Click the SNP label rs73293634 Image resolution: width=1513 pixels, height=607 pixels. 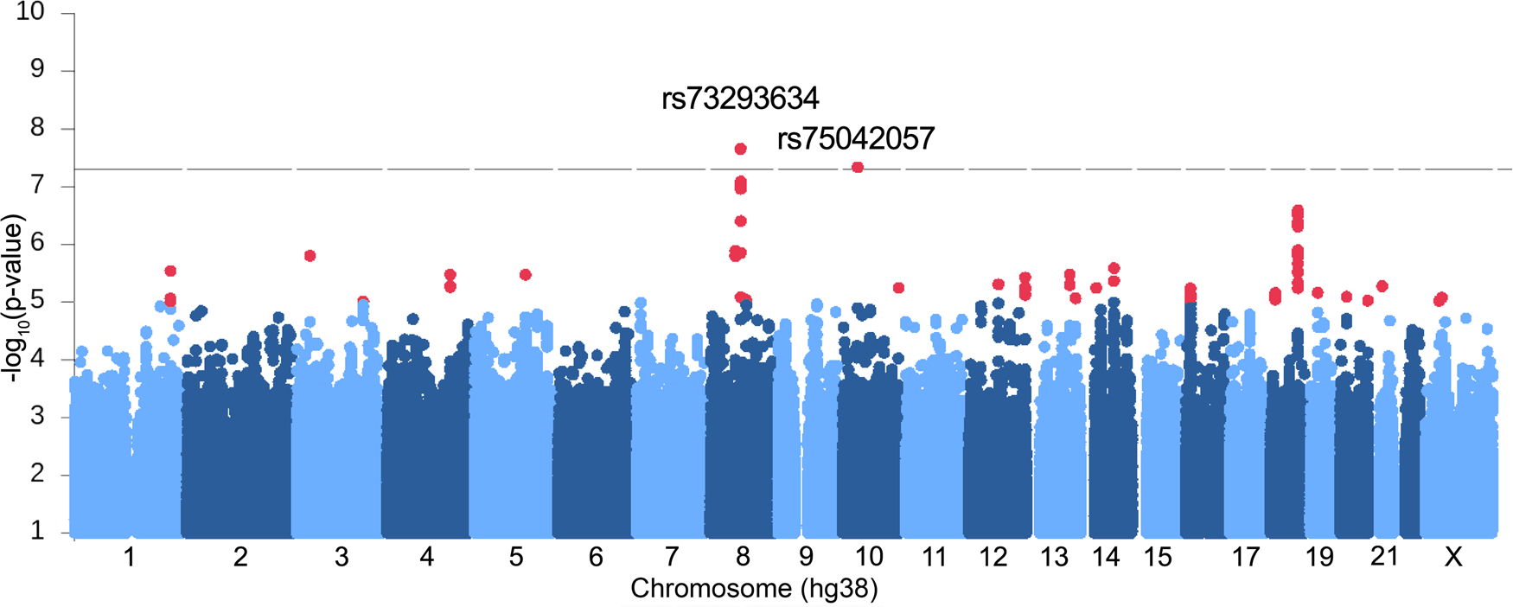(740, 99)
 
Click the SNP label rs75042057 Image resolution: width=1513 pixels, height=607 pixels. (856, 138)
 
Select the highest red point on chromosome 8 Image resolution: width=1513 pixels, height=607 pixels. (740, 149)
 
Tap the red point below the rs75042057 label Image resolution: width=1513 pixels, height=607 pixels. (858, 167)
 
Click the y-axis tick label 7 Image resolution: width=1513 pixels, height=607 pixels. (37, 186)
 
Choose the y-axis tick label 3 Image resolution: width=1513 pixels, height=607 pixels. (37, 417)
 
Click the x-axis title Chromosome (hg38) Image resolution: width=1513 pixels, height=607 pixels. (754, 589)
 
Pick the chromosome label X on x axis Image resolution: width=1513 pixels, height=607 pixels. (1453, 558)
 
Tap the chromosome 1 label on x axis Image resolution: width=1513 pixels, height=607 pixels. (129, 557)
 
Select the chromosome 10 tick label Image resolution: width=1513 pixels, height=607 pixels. (869, 557)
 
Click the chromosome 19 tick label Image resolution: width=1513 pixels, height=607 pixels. (1319, 557)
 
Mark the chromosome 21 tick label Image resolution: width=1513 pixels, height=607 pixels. (1384, 557)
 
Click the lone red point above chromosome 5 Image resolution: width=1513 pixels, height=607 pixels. (525, 274)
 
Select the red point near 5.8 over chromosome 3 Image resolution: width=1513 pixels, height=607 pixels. (310, 255)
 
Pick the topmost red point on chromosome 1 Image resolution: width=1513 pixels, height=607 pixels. (170, 272)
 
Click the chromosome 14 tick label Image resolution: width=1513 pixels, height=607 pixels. (1106, 557)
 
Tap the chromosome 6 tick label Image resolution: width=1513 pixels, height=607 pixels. (596, 557)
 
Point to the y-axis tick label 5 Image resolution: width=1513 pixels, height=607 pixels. (37, 301)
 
